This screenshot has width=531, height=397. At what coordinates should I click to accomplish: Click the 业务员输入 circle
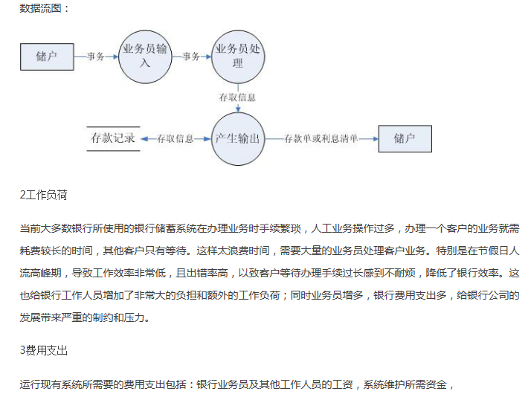[x=145, y=56]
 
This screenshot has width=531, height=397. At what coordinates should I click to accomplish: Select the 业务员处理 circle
[x=238, y=56]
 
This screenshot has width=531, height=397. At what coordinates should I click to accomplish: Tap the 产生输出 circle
[x=238, y=139]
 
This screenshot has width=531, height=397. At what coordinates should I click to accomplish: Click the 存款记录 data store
[x=114, y=139]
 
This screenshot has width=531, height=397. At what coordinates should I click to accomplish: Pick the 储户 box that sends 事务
[x=46, y=56]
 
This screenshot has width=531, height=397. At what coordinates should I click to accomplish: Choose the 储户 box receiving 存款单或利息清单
[x=404, y=139]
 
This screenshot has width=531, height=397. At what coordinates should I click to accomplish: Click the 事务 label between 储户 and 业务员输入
[x=95, y=57]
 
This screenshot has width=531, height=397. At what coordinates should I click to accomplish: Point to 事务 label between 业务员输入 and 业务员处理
[x=191, y=57]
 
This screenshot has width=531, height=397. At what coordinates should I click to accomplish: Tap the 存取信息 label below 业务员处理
[x=238, y=97]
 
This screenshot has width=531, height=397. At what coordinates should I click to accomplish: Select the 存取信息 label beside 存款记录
[x=176, y=139]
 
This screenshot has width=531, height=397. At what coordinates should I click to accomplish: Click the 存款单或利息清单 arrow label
[x=321, y=139]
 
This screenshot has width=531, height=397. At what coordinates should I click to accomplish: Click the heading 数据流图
[x=44, y=10]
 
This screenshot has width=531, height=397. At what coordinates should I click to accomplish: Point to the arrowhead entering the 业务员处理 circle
[x=208, y=57]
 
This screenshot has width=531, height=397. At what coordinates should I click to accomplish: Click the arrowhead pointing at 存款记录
[x=144, y=139]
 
